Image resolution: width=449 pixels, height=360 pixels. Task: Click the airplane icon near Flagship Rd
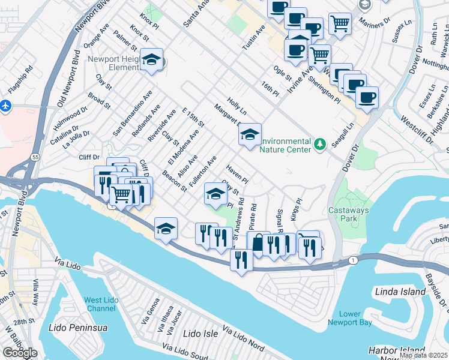tap(6, 105)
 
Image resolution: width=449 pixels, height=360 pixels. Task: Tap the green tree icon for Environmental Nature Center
tap(321, 143)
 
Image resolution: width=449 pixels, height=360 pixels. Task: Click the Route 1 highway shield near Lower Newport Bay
tap(354, 260)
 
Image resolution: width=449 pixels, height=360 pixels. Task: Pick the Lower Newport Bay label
tap(350, 318)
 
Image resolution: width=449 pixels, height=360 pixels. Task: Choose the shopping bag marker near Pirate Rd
tap(258, 243)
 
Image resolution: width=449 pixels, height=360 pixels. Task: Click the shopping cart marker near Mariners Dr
tap(340, 24)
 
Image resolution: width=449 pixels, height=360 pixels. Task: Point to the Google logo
tap(20, 353)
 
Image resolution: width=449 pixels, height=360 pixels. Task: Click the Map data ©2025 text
tap(424, 355)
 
